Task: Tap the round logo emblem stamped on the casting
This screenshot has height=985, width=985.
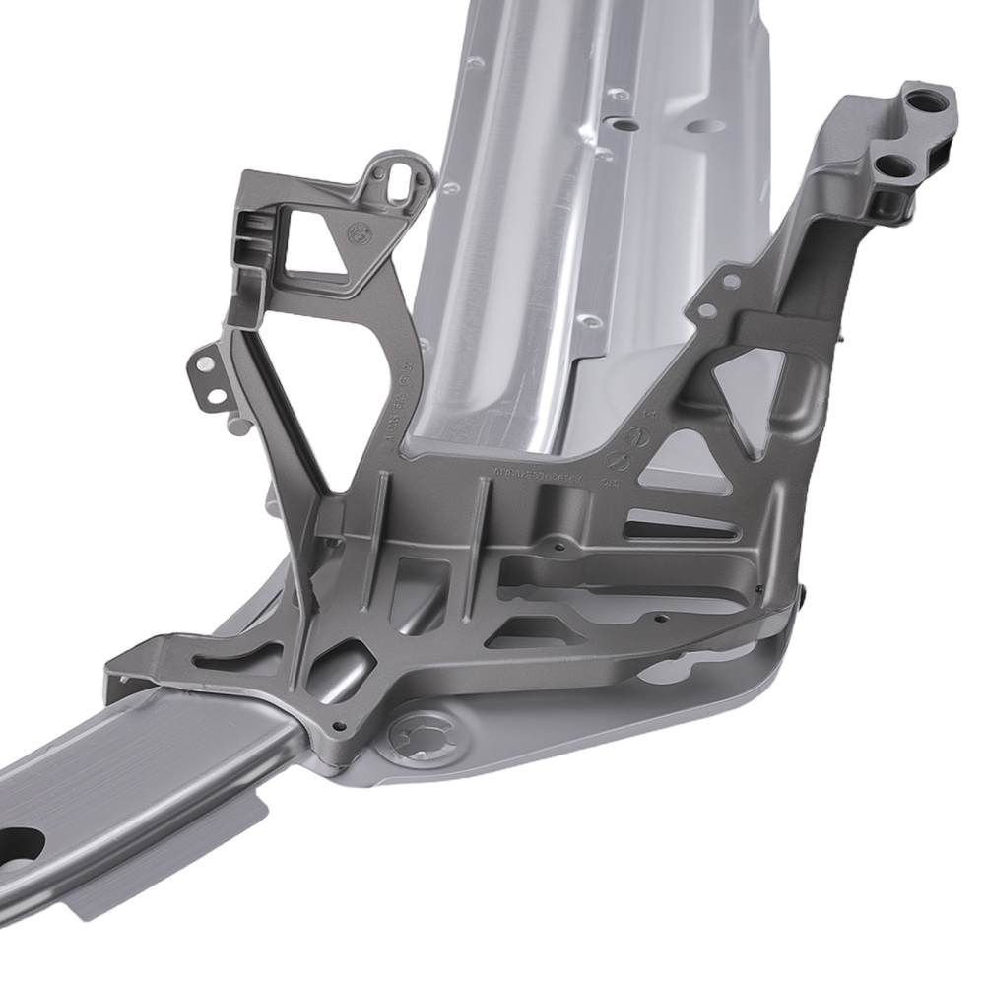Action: click(x=358, y=233)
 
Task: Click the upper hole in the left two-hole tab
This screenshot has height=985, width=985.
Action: click(x=204, y=365)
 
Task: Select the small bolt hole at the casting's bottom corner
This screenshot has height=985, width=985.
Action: click(x=339, y=730)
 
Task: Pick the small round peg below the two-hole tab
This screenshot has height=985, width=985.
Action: click(x=237, y=427)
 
